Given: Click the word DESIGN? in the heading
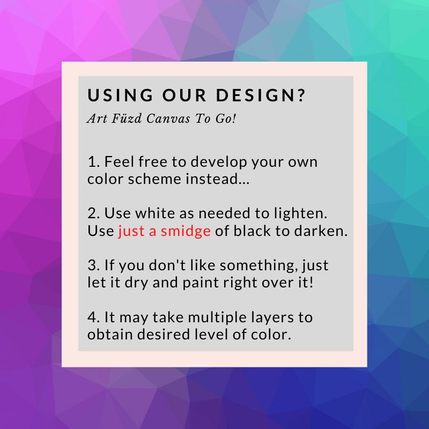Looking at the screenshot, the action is tap(261, 95).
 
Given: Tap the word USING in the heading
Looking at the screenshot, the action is tap(120, 95).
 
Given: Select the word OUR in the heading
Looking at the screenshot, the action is tap(184, 95).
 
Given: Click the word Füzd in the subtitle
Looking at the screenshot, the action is tap(127, 119).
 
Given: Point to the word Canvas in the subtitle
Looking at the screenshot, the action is tap(168, 119).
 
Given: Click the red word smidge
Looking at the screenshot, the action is tap(186, 232).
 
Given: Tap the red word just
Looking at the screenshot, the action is tap(131, 232).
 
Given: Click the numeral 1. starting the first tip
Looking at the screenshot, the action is tap(93, 162).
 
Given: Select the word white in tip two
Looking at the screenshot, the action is tap(155, 213).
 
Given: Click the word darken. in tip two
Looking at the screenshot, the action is tap(321, 231).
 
